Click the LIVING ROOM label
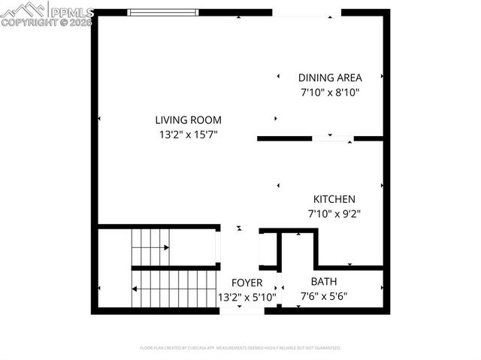188,119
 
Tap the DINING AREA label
330,77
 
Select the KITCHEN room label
334,199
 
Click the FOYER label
247,283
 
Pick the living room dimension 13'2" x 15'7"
188,135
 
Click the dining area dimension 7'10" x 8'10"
330,93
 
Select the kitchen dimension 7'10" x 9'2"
334,213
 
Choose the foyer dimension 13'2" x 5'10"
247,297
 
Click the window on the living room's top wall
163,12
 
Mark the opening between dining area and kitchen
332,138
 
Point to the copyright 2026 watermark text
47,23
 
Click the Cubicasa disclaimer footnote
240,348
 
